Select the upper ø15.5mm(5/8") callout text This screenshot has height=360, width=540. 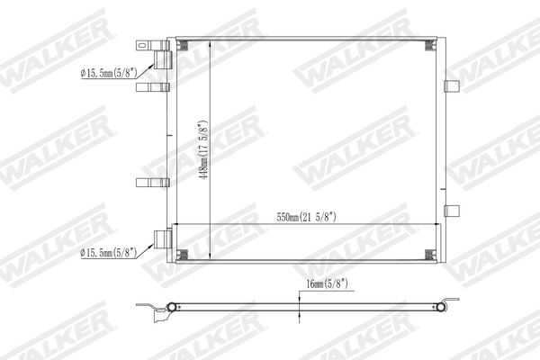pyautogui.click(x=107, y=74)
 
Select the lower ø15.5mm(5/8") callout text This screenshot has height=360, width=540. pyautogui.click(x=107, y=252)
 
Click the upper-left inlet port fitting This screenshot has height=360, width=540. pyautogui.click(x=162, y=59)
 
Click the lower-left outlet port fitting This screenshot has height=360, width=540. pyautogui.click(x=162, y=239)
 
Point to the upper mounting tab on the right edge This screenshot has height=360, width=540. pyautogui.click(x=452, y=86)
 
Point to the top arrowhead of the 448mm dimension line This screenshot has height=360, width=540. pyautogui.click(x=211, y=43)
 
